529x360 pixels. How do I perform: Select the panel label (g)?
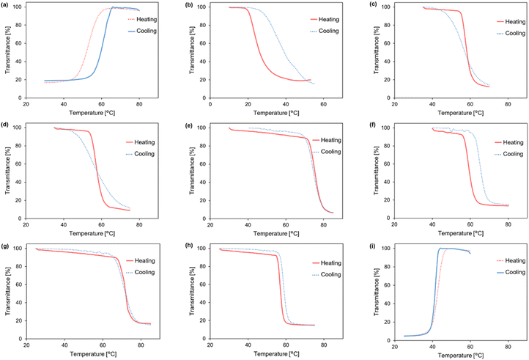point(7,246)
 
